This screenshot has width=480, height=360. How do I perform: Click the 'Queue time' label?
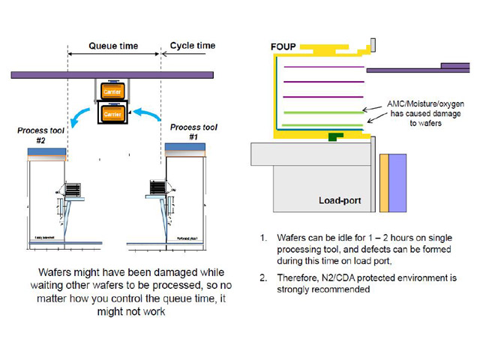pyautogui.click(x=113, y=46)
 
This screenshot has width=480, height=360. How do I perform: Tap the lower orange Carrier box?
pyautogui.click(x=112, y=114)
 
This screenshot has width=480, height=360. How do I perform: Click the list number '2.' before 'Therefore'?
pyautogui.click(x=263, y=276)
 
